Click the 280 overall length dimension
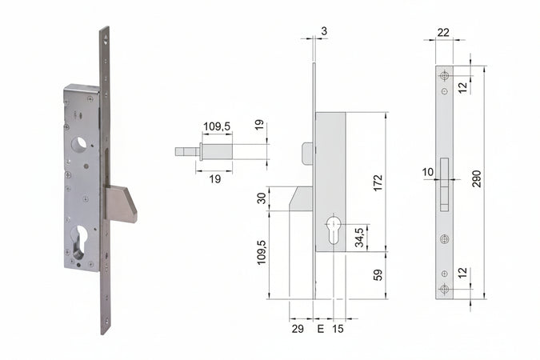[x=477, y=178]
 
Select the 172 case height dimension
[x=378, y=183]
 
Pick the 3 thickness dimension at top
[x=322, y=31]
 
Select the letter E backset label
[x=321, y=329]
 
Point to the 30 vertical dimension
[x=261, y=198]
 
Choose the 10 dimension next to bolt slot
[x=428, y=171]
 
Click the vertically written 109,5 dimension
[x=261, y=254]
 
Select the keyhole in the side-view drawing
[x=333, y=231]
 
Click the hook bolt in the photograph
[x=121, y=203]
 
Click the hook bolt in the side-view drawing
[x=302, y=198]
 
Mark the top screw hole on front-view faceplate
[x=445, y=75]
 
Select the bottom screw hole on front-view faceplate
[x=445, y=290]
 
